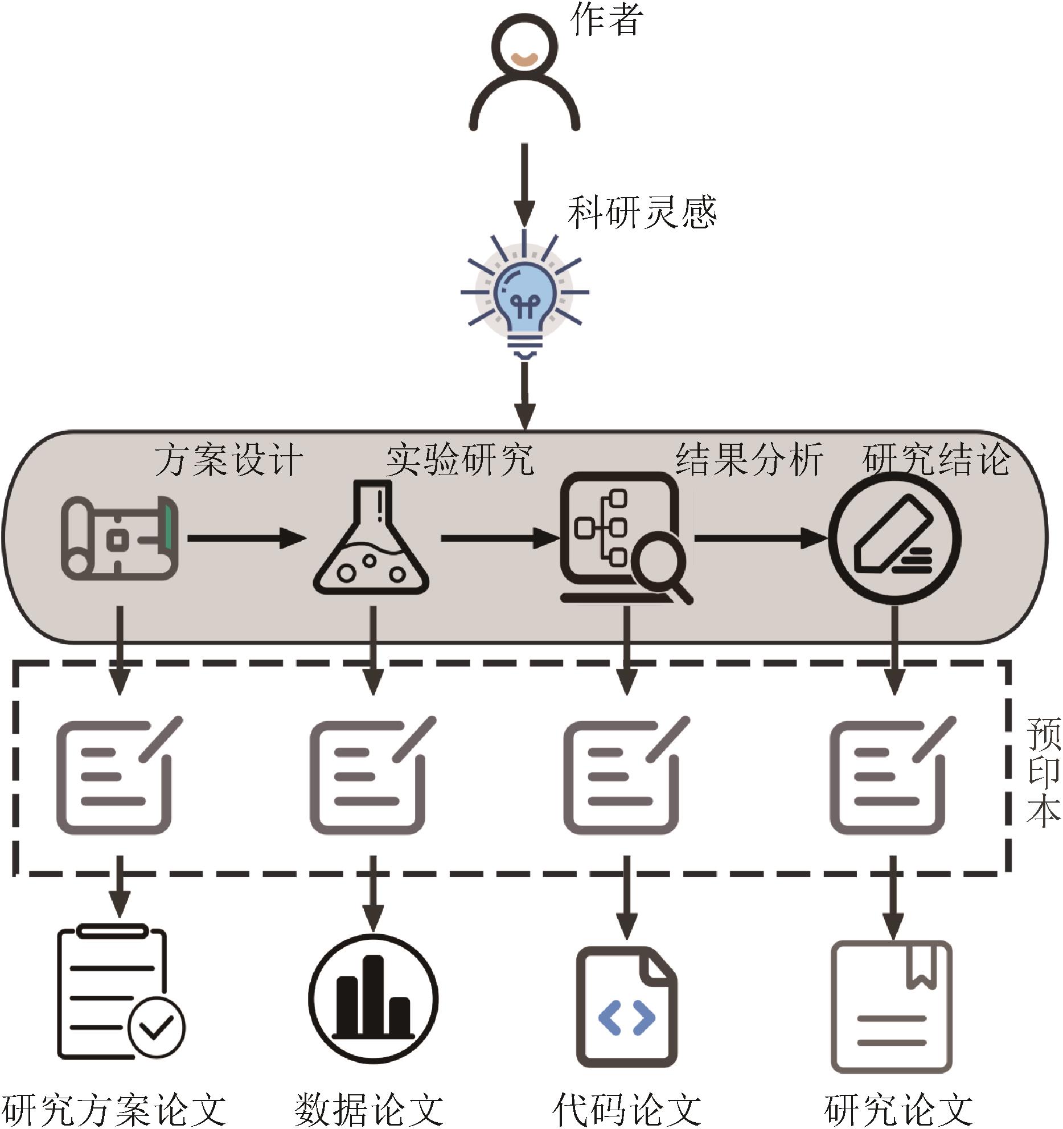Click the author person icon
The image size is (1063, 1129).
coord(524,74)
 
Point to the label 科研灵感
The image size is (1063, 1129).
coord(642,212)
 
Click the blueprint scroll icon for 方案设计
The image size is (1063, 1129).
coord(120,538)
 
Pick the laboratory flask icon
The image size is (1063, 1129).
coord(371,538)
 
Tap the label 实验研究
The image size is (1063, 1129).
coord(460,459)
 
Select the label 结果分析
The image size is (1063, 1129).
coord(749,459)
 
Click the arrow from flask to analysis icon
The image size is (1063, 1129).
coord(500,538)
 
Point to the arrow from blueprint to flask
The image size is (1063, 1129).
coord(246,538)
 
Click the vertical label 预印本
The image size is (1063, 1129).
coord(1043,772)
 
